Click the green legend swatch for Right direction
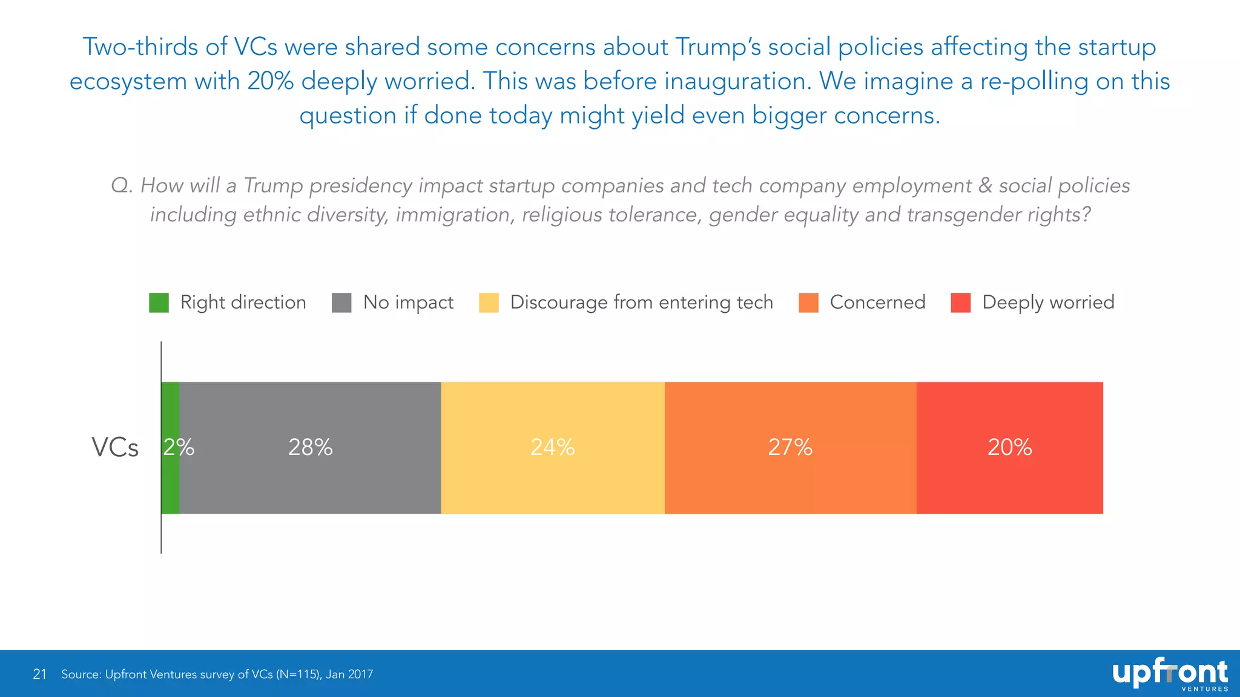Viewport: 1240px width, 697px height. coord(159,303)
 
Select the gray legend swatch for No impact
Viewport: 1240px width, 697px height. coord(341,303)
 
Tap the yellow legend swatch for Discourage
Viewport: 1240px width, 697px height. coord(489,303)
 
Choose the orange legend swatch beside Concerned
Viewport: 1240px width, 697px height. coord(808,303)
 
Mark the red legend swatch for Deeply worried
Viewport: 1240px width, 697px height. coord(960,303)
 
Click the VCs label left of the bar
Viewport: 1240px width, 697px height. coord(115,448)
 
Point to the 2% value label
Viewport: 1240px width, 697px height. coord(179,447)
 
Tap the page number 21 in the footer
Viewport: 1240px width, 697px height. coord(40,674)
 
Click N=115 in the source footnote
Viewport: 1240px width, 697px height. coord(298,674)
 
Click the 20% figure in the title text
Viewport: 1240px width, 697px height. coord(271,81)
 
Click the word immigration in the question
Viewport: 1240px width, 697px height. coord(452,215)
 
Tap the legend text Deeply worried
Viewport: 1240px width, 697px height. coord(1048,303)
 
